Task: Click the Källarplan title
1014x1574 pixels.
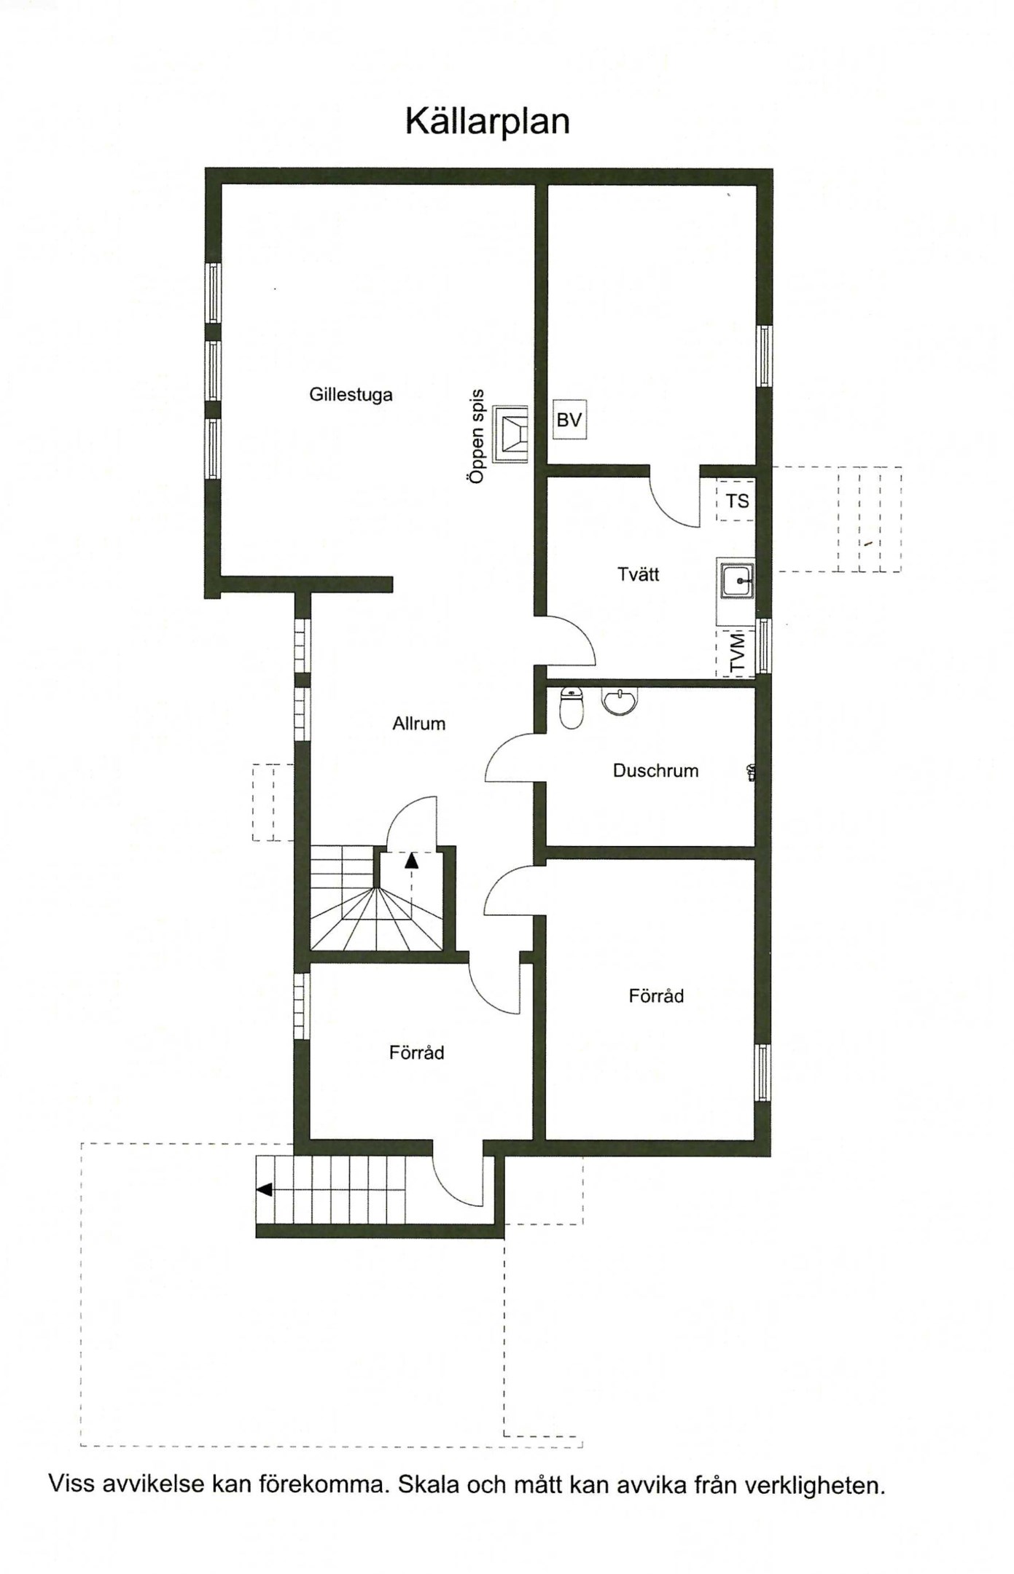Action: tap(487, 121)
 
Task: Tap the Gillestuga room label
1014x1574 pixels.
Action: tap(351, 395)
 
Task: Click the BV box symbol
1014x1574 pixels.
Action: tap(569, 420)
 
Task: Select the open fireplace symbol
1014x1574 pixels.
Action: tap(510, 434)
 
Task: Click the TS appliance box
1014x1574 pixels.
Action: tap(736, 501)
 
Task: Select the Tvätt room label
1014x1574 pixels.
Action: tap(639, 574)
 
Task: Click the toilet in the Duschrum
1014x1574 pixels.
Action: tap(572, 708)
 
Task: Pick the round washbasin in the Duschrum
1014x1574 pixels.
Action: tap(620, 700)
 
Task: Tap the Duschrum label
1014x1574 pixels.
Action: tap(655, 770)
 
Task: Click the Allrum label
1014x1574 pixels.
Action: tap(418, 724)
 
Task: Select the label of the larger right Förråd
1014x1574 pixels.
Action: tap(656, 995)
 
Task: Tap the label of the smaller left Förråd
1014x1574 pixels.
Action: tap(416, 1052)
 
